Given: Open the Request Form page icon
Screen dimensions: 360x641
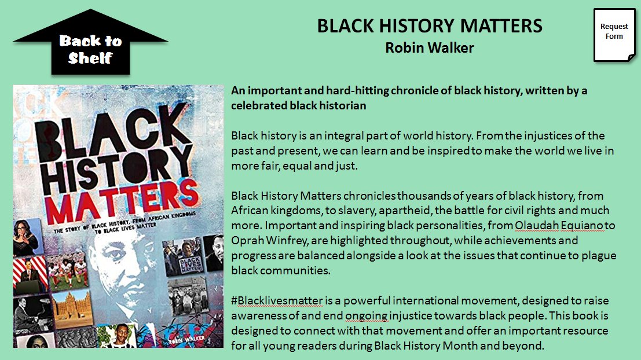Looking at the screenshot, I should click(x=614, y=34).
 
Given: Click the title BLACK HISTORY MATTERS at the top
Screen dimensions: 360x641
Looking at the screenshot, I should click(x=430, y=26).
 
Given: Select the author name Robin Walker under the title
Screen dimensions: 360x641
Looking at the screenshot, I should click(x=430, y=47).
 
